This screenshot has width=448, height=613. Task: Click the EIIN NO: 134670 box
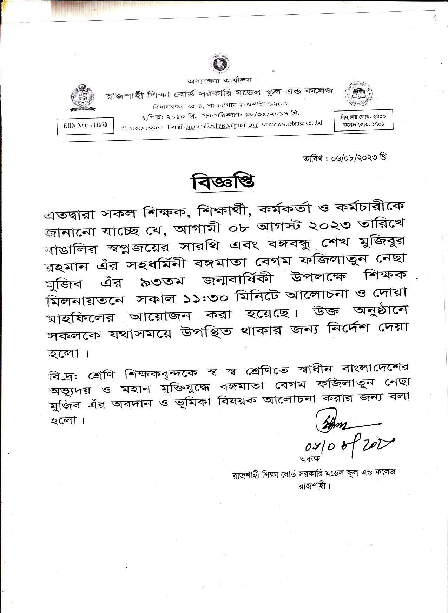[85, 126]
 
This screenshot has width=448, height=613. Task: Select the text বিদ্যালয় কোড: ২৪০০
[363, 116]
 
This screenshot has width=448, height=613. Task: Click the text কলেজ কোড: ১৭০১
[363, 124]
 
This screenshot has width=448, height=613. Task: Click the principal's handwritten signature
[337, 422]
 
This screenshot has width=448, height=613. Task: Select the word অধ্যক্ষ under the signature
[310, 459]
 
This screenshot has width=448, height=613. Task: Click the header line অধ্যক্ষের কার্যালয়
[219, 81]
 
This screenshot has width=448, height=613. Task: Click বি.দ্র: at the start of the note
[63, 376]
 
